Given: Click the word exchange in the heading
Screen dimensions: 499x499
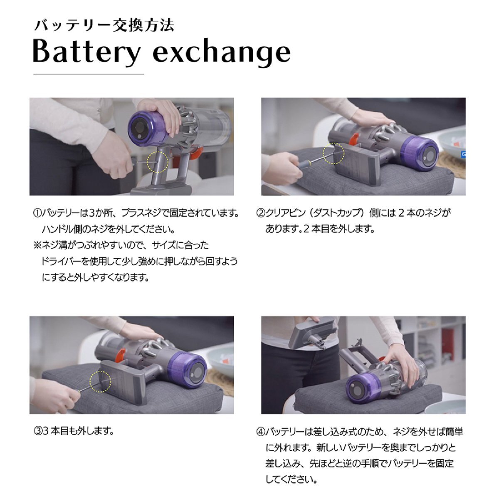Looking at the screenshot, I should click(x=222, y=52).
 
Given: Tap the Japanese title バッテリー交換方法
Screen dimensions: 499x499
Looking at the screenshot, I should click(x=104, y=26).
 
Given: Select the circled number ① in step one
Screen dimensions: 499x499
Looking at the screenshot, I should click(x=37, y=213).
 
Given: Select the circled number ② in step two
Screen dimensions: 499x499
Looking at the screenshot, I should click(x=261, y=213).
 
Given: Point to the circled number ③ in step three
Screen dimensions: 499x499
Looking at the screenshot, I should click(x=37, y=430).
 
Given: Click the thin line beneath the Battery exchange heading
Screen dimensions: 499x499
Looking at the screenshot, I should click(x=89, y=74).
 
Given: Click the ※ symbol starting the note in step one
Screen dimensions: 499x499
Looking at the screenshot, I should click(x=37, y=245).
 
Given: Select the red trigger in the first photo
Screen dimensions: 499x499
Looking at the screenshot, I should click(x=197, y=152).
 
